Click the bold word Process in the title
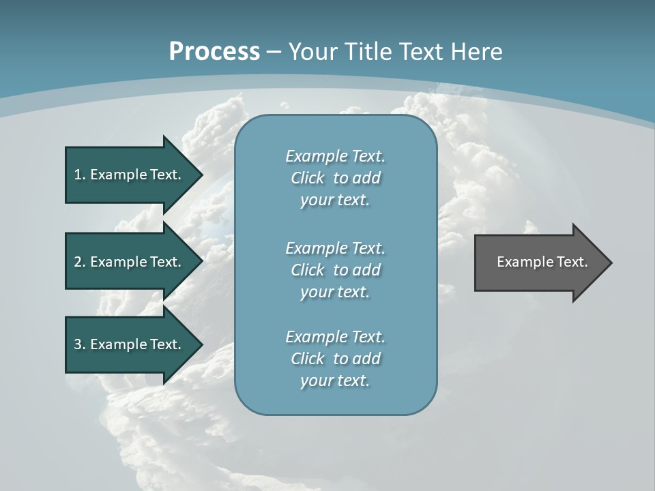tap(214, 52)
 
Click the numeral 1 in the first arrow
tap(78, 175)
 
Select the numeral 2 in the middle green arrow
tap(78, 262)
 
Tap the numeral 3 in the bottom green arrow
tap(78, 344)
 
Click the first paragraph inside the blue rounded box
tap(335, 178)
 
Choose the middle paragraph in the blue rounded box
tap(335, 269)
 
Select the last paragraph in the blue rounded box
tap(335, 359)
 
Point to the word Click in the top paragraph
tap(307, 178)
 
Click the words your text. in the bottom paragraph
tap(335, 381)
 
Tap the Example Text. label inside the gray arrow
tap(542, 262)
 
